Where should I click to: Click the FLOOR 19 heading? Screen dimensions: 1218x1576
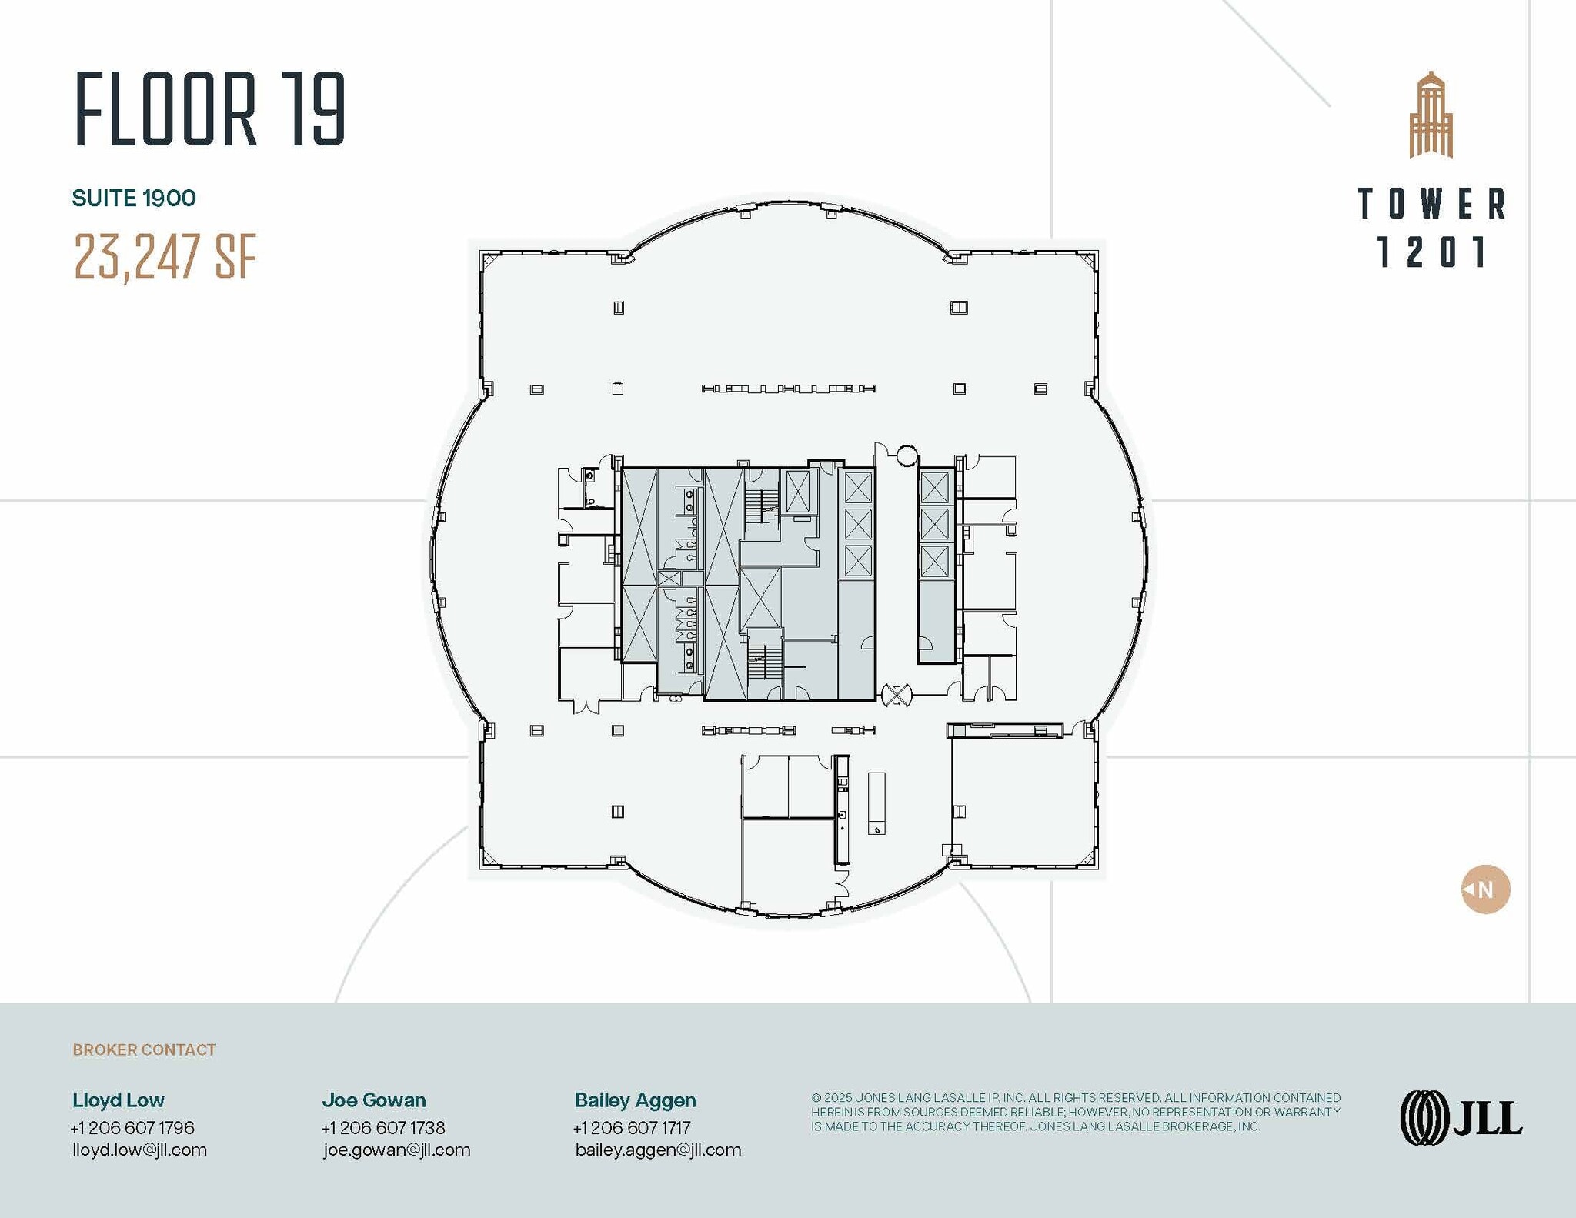pos(210,109)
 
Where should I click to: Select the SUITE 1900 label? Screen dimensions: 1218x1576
pos(134,199)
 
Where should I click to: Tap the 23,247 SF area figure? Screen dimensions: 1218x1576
pos(165,256)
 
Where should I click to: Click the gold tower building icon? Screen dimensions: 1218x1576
pos(1431,115)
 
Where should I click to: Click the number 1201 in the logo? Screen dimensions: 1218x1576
pos(1431,252)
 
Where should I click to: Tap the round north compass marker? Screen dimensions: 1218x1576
pos(1485,889)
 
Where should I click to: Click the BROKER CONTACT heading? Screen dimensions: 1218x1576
pos(144,1049)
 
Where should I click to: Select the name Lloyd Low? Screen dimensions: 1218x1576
pos(119,1100)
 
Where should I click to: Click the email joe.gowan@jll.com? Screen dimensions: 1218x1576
pos(396,1150)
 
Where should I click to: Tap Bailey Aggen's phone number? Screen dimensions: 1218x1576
pos(632,1127)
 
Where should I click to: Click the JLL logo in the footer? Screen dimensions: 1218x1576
pos(1461,1118)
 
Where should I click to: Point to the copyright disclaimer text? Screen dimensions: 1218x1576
pos(1075,1112)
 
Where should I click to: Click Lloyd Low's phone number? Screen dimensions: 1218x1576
pos(132,1127)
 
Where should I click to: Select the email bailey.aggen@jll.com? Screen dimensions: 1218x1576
pos(658,1150)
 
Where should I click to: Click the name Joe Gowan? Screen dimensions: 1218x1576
pos(374,1100)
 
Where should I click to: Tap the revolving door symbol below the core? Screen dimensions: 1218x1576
pos(896,696)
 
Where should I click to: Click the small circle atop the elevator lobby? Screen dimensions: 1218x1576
pos(907,455)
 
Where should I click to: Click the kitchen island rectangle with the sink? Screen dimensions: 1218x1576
pos(876,803)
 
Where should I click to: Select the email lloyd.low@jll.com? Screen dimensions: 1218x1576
pos(139,1150)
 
